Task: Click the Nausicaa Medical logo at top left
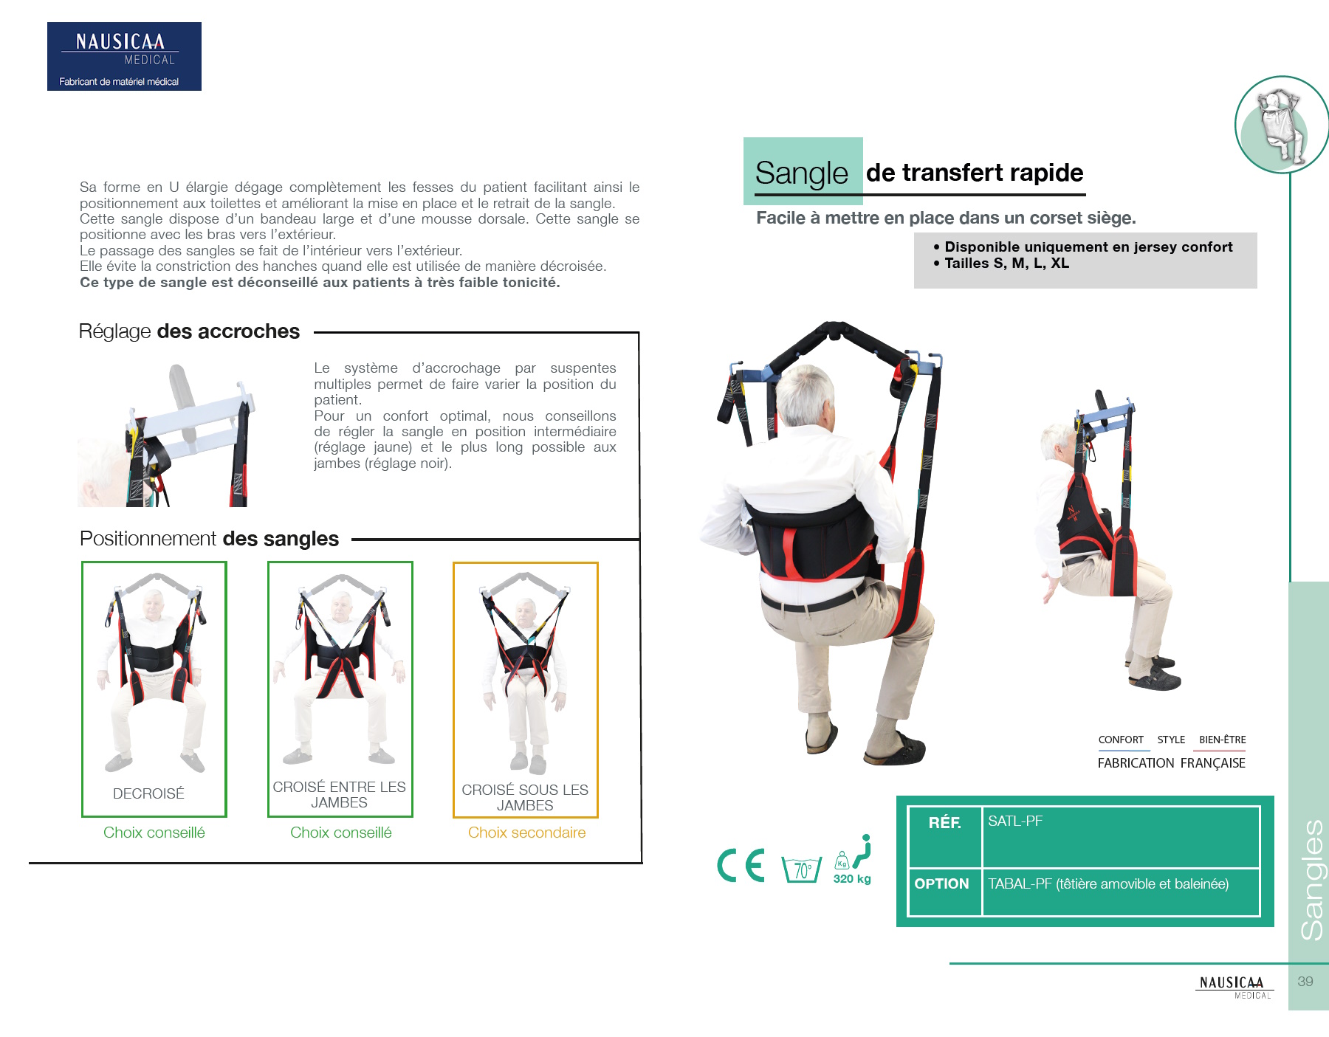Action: point(124,56)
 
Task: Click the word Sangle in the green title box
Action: point(802,173)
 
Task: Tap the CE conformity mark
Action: point(741,865)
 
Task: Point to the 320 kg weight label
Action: point(852,878)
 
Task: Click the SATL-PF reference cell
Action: point(1015,821)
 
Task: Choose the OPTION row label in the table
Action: point(941,884)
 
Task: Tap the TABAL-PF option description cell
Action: point(1108,884)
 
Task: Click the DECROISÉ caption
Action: point(148,793)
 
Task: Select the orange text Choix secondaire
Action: point(526,833)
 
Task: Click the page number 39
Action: point(1305,982)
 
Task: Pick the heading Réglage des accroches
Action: point(189,331)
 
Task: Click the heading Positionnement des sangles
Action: point(209,539)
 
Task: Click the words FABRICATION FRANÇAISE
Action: point(1171,763)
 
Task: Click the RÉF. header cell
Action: point(944,823)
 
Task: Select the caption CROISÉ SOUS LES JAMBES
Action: point(525,797)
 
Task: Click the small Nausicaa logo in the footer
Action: point(1234,986)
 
